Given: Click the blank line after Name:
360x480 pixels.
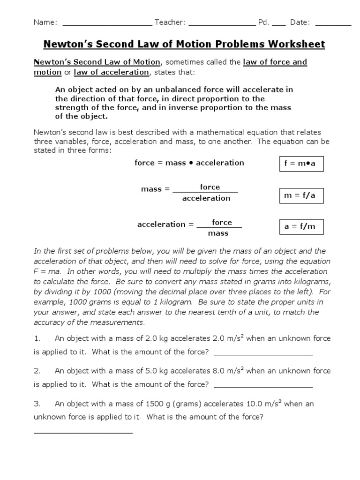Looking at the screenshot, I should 107,23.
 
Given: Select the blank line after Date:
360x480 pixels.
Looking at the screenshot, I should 336,23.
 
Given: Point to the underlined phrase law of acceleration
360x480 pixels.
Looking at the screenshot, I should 111,72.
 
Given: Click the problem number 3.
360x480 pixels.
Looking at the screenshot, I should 36,404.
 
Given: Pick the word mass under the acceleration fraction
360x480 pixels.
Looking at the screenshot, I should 218,233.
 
